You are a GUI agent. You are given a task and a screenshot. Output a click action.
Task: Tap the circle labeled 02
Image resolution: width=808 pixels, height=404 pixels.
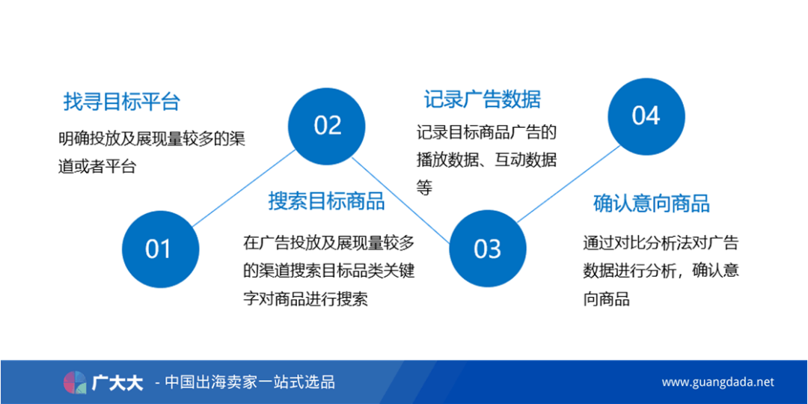pyautogui.click(x=327, y=126)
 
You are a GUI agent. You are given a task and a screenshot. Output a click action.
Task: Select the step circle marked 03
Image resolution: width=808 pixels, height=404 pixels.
pyautogui.click(x=487, y=249)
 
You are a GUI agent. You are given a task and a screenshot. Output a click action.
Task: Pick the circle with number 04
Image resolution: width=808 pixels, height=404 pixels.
pyautogui.click(x=646, y=116)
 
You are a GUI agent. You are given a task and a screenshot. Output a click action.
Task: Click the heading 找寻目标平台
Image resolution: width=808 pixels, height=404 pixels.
pyautogui.click(x=121, y=102)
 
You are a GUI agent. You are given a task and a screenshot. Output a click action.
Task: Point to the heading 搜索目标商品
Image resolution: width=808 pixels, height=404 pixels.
pyautogui.click(x=326, y=201)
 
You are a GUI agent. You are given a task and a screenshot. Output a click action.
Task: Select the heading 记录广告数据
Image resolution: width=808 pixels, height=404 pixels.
pyautogui.click(x=482, y=99)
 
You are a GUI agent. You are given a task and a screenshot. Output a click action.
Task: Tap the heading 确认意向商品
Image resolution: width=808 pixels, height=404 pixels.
pyautogui.click(x=651, y=203)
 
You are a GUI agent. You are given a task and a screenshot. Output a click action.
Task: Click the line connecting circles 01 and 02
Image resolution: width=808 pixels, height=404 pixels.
pyautogui.click(x=243, y=188)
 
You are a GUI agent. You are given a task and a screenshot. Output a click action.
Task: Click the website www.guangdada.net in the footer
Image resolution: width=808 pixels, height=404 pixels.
pyautogui.click(x=717, y=382)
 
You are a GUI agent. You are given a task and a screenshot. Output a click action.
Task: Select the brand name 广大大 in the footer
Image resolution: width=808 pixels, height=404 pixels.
pyautogui.click(x=117, y=383)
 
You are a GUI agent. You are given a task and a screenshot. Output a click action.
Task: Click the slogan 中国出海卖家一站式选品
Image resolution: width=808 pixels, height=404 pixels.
pyautogui.click(x=249, y=382)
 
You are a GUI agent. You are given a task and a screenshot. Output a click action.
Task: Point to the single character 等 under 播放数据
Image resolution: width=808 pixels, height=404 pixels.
pyautogui.click(x=425, y=188)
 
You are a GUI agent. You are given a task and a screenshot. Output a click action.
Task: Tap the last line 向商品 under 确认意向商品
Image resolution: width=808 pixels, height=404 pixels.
pyautogui.click(x=606, y=299)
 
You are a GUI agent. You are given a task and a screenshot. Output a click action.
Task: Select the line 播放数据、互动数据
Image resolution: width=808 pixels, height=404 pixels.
pyautogui.click(x=486, y=160)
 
